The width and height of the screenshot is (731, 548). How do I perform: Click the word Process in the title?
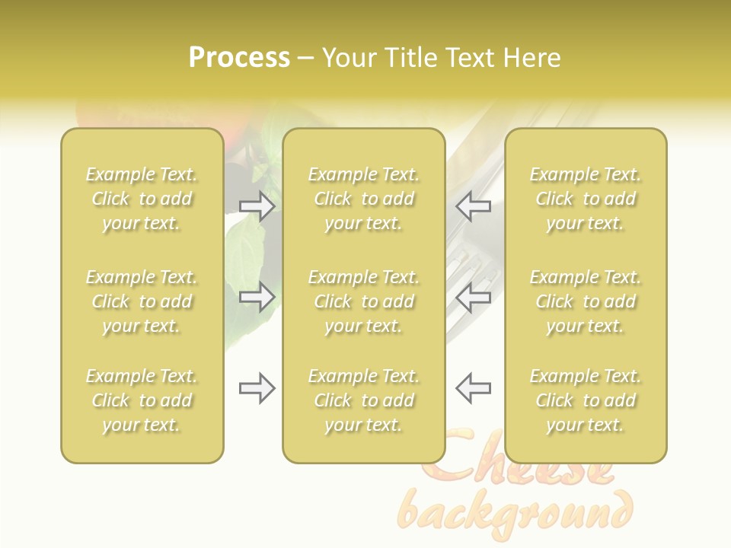[x=239, y=58]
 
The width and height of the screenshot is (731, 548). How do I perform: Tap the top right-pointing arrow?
[x=257, y=206]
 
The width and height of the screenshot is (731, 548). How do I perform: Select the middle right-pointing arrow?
[x=257, y=297]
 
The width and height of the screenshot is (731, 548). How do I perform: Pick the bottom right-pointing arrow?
[x=257, y=389]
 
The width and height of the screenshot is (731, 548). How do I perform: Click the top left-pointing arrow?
[x=473, y=206]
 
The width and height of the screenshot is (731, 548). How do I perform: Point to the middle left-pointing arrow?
[x=473, y=297]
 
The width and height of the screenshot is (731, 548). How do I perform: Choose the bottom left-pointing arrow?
[x=473, y=389]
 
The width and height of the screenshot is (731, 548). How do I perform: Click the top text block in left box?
[x=142, y=199]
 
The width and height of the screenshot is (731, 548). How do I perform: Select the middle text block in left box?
[x=142, y=301]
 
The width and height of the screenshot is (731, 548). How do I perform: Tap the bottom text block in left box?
[x=142, y=400]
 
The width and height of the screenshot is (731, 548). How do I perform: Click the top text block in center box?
[x=364, y=199]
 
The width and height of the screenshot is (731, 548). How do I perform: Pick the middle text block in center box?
[x=364, y=301]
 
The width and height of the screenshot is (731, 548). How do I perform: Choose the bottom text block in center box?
[x=364, y=400]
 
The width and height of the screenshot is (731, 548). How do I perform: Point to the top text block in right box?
[x=586, y=199]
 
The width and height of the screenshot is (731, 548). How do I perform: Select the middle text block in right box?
[x=586, y=301]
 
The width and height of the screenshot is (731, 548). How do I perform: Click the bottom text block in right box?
[x=586, y=400]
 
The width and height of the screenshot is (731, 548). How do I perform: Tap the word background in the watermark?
[x=516, y=512]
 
